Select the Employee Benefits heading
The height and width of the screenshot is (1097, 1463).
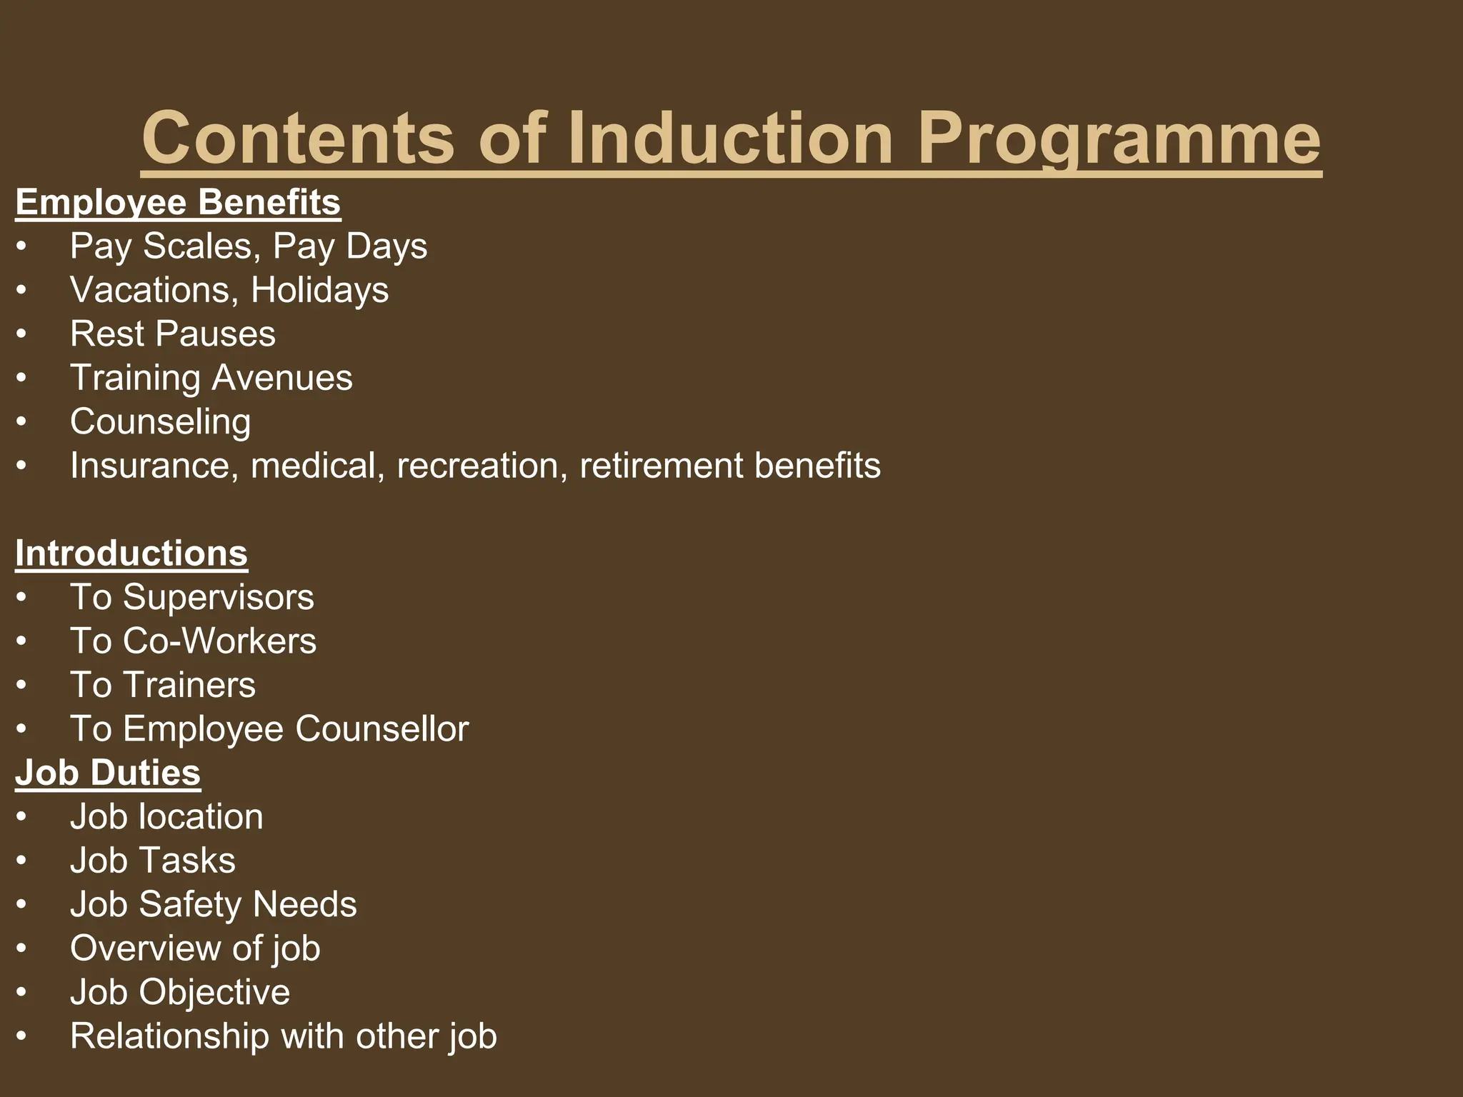pyautogui.click(x=178, y=202)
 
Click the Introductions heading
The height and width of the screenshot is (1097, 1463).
pyautogui.click(x=131, y=553)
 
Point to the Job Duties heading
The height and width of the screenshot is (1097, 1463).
pyautogui.click(x=108, y=773)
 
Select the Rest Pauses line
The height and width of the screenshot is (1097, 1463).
pyautogui.click(x=172, y=334)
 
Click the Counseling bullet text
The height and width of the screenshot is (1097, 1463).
pyautogui.click(x=160, y=421)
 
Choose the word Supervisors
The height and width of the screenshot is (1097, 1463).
pyautogui.click(x=219, y=597)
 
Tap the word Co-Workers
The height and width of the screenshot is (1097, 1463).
pyautogui.click(x=219, y=641)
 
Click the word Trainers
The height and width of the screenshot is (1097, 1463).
pyautogui.click(x=189, y=685)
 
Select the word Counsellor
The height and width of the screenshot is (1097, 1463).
pyautogui.click(x=381, y=729)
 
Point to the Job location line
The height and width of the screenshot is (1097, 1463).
pyautogui.click(x=166, y=816)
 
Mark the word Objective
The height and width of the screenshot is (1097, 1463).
pyautogui.click(x=214, y=992)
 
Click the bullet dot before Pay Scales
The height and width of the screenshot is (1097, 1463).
pyautogui.click(x=21, y=247)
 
